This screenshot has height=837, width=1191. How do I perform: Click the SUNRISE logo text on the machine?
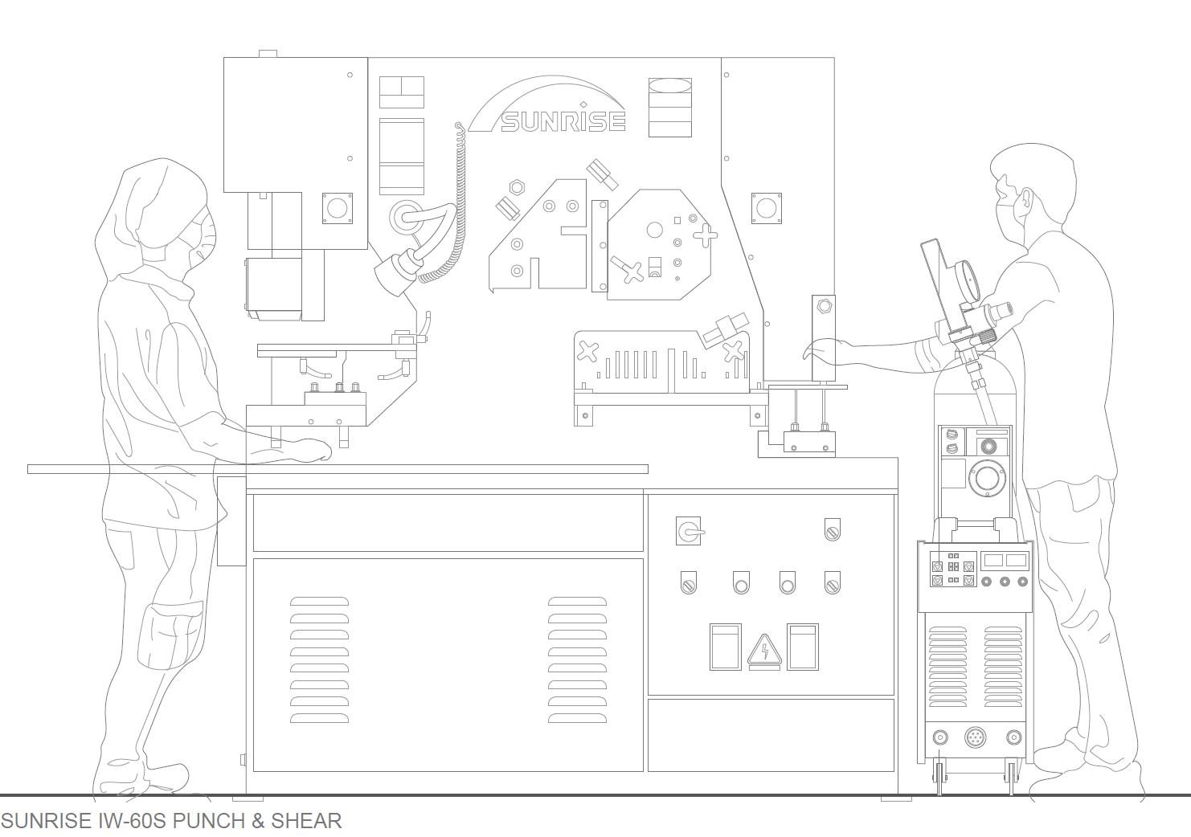click(563, 120)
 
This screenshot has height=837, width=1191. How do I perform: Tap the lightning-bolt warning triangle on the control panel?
click(764, 651)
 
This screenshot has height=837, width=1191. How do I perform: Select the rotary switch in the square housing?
click(688, 531)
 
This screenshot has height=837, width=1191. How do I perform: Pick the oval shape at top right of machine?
click(669, 86)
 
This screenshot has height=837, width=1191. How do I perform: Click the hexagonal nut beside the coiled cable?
click(517, 187)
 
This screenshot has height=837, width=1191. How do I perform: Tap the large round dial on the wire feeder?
click(986, 480)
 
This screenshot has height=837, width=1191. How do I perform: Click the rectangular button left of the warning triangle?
click(726, 647)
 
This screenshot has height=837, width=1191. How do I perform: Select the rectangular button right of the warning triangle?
click(802, 647)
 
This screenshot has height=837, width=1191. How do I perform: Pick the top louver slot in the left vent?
click(319, 602)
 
